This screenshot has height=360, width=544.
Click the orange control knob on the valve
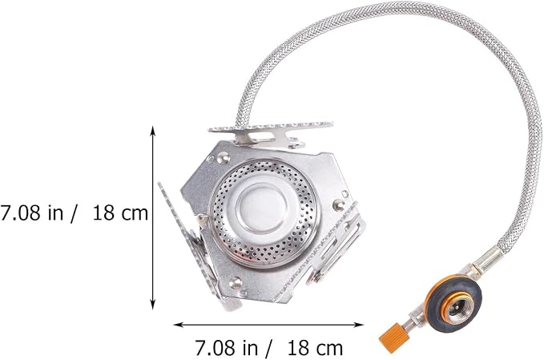pos(393,334)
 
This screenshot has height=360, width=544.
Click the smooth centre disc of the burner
pos(262,210)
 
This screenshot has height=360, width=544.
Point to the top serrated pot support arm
pos(271,131)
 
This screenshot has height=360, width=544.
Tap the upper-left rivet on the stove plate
pos(223,158)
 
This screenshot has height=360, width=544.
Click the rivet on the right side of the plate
pos(338,204)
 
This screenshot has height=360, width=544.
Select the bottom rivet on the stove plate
pos(236,283)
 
